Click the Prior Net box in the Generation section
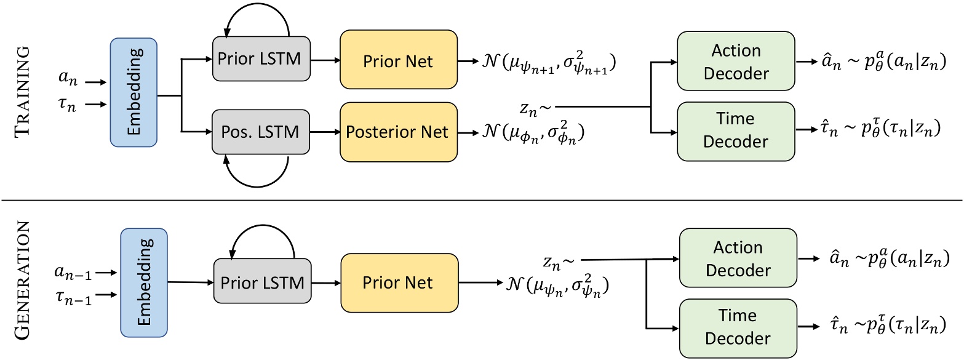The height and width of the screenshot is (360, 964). click(405, 282)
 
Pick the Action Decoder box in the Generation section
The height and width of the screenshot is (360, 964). click(739, 259)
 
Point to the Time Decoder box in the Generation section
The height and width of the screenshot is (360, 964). click(739, 327)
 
